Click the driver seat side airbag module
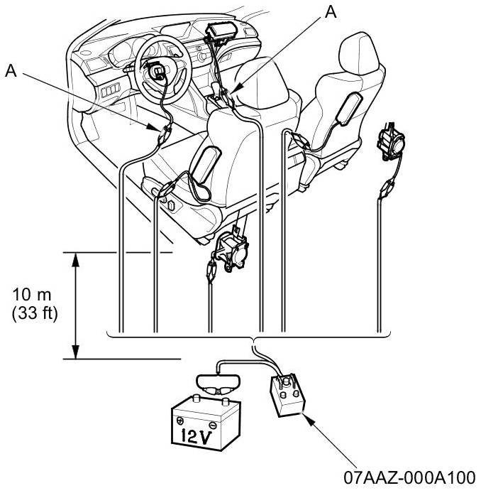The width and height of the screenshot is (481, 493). pyautogui.click(x=205, y=165)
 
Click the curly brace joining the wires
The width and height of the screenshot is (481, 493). pyautogui.click(x=253, y=337)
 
